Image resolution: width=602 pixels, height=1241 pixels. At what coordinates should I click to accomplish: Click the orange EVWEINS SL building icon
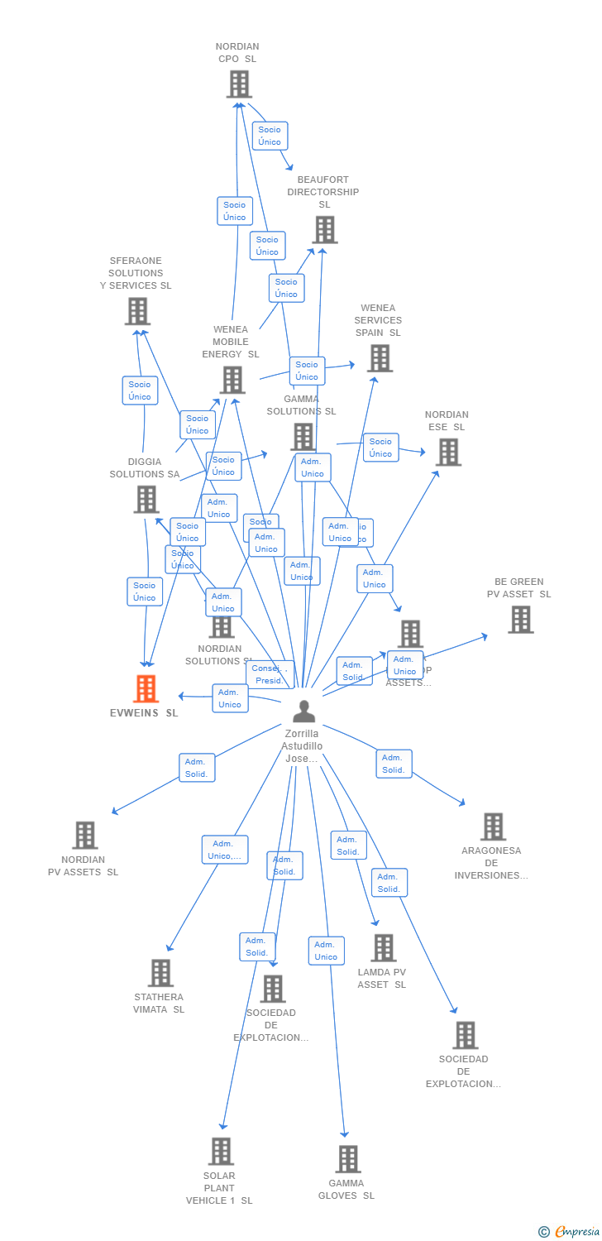(x=146, y=688)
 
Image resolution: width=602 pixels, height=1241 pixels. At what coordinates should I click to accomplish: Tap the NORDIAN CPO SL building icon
(x=239, y=84)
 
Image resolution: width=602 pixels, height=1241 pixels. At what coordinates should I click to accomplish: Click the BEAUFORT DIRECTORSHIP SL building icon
(x=324, y=230)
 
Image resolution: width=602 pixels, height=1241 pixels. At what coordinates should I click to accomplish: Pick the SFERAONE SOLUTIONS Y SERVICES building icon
(x=137, y=311)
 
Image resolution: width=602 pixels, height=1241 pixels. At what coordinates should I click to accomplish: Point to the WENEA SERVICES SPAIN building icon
(x=380, y=358)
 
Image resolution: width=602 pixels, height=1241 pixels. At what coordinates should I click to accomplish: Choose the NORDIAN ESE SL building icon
(x=448, y=453)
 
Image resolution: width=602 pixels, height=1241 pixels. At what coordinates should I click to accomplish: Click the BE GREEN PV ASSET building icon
(x=520, y=620)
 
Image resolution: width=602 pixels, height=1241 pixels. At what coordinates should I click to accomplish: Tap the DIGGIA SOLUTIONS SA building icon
(x=146, y=500)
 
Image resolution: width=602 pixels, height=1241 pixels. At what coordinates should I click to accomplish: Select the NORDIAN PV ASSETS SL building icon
(x=85, y=836)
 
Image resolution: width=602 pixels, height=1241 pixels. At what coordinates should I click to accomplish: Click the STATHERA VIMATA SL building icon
(x=160, y=973)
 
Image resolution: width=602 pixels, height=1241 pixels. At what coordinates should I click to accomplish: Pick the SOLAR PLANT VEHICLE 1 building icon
(x=221, y=1152)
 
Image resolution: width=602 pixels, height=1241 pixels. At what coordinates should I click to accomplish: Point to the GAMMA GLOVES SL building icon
(x=348, y=1159)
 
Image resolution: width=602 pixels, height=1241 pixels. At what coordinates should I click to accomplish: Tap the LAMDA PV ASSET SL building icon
(x=383, y=948)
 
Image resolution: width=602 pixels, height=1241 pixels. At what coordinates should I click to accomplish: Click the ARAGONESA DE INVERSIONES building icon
(x=493, y=827)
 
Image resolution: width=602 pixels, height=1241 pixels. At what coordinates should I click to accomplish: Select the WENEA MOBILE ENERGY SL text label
(x=231, y=342)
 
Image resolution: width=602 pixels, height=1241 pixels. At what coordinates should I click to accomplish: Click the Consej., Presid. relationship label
(x=270, y=674)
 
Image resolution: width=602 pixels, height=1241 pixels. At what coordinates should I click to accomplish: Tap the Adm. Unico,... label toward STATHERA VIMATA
(x=225, y=850)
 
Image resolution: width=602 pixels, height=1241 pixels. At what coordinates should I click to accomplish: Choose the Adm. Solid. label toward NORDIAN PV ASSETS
(x=197, y=768)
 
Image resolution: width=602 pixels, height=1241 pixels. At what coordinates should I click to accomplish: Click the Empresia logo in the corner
(x=570, y=1231)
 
